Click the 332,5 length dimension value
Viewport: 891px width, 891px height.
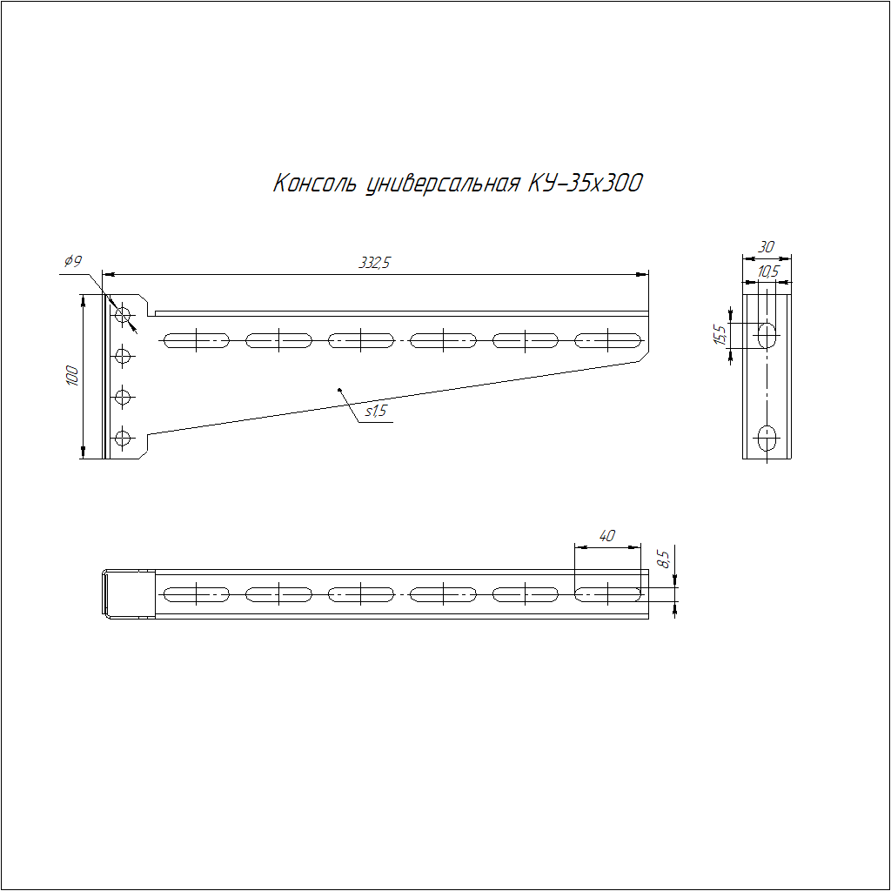click(x=374, y=263)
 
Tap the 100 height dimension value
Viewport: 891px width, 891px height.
click(x=73, y=376)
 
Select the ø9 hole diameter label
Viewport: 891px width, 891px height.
click(x=73, y=261)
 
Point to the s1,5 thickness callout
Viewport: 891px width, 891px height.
click(x=375, y=411)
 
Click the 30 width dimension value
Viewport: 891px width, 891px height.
click(x=766, y=246)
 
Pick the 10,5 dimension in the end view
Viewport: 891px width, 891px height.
click(x=768, y=271)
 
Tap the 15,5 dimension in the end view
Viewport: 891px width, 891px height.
click(x=720, y=335)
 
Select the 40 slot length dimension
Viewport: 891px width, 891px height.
click(x=606, y=535)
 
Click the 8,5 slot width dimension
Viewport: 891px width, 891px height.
click(x=663, y=559)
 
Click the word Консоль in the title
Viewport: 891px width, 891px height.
click(x=315, y=183)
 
